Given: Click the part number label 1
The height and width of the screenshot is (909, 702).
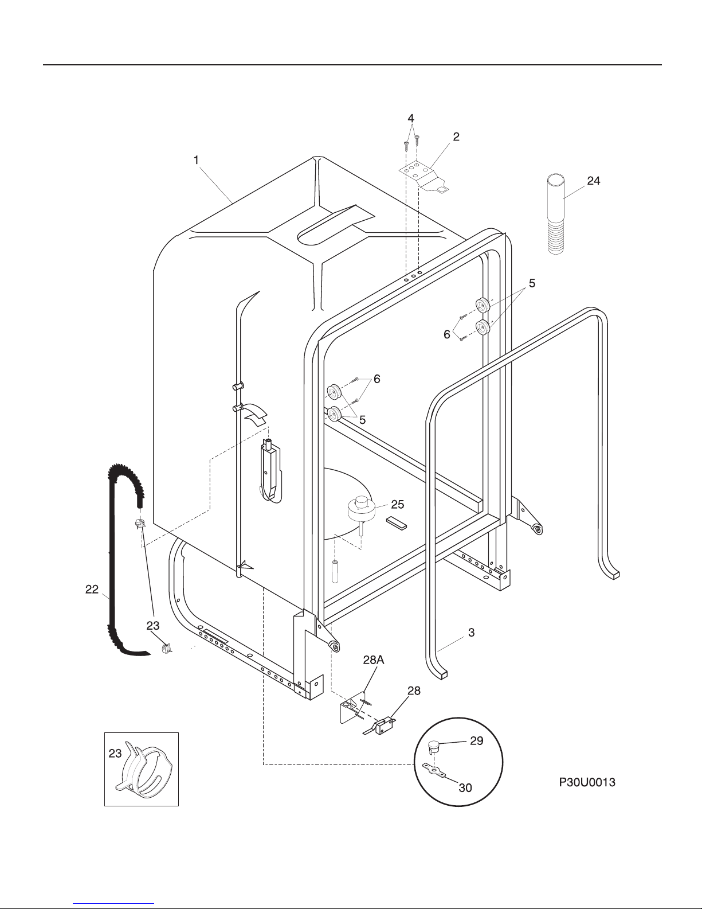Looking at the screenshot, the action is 196,160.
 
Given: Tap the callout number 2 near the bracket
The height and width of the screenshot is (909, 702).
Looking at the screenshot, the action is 456,137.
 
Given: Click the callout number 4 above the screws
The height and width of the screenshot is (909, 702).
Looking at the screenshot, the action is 411,118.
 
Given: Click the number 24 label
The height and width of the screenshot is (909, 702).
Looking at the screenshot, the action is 593,181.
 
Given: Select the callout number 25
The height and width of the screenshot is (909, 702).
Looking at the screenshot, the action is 397,505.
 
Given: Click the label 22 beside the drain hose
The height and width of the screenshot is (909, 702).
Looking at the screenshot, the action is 92,590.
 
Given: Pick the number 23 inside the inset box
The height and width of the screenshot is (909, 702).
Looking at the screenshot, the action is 115,754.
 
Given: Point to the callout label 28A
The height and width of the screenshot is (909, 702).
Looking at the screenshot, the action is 374,660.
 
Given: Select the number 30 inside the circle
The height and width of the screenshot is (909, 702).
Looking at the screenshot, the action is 465,788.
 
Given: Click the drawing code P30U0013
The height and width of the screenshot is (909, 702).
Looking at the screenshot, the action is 587,782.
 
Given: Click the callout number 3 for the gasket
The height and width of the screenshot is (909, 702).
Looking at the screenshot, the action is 471,633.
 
